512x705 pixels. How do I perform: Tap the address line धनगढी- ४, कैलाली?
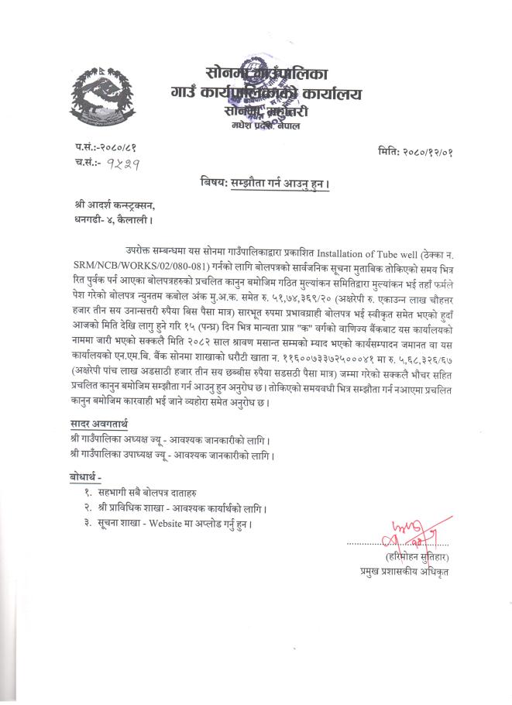108,219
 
